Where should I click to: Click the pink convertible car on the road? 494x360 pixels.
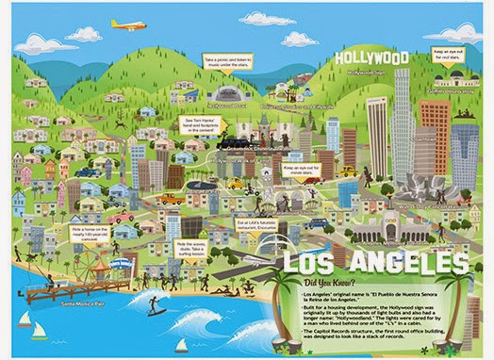(123, 218)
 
